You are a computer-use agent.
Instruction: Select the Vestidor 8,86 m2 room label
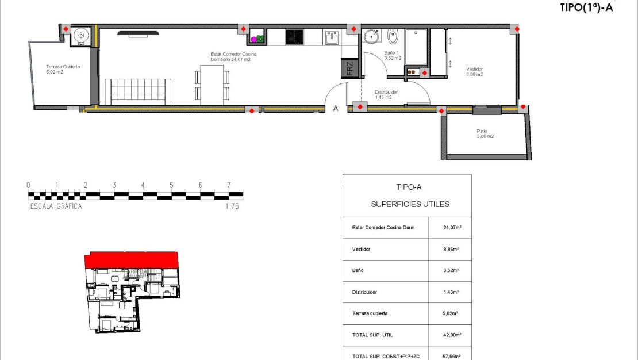[x=474, y=72]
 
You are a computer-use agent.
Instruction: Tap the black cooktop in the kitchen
[x=295, y=37]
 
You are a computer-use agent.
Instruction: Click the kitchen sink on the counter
[x=332, y=38]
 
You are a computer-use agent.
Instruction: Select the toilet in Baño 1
[x=393, y=38]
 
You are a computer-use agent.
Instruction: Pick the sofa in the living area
[x=137, y=91]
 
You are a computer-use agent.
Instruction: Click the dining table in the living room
[x=212, y=85]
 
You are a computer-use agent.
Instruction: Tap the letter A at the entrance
[x=336, y=108]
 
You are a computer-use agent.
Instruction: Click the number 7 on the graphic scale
[x=229, y=185]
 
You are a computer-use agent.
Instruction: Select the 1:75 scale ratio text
[x=232, y=206]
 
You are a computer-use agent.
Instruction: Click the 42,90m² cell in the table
[x=452, y=334]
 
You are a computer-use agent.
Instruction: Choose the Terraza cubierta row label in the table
[x=370, y=313]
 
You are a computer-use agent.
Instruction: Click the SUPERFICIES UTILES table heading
[x=410, y=204]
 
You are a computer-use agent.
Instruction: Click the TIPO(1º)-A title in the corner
[x=586, y=7]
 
